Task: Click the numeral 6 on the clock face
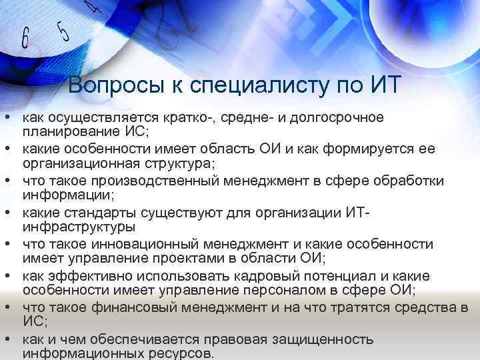(25, 39)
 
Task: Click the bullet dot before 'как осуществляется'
(7, 117)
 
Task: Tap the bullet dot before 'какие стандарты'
(7, 213)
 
